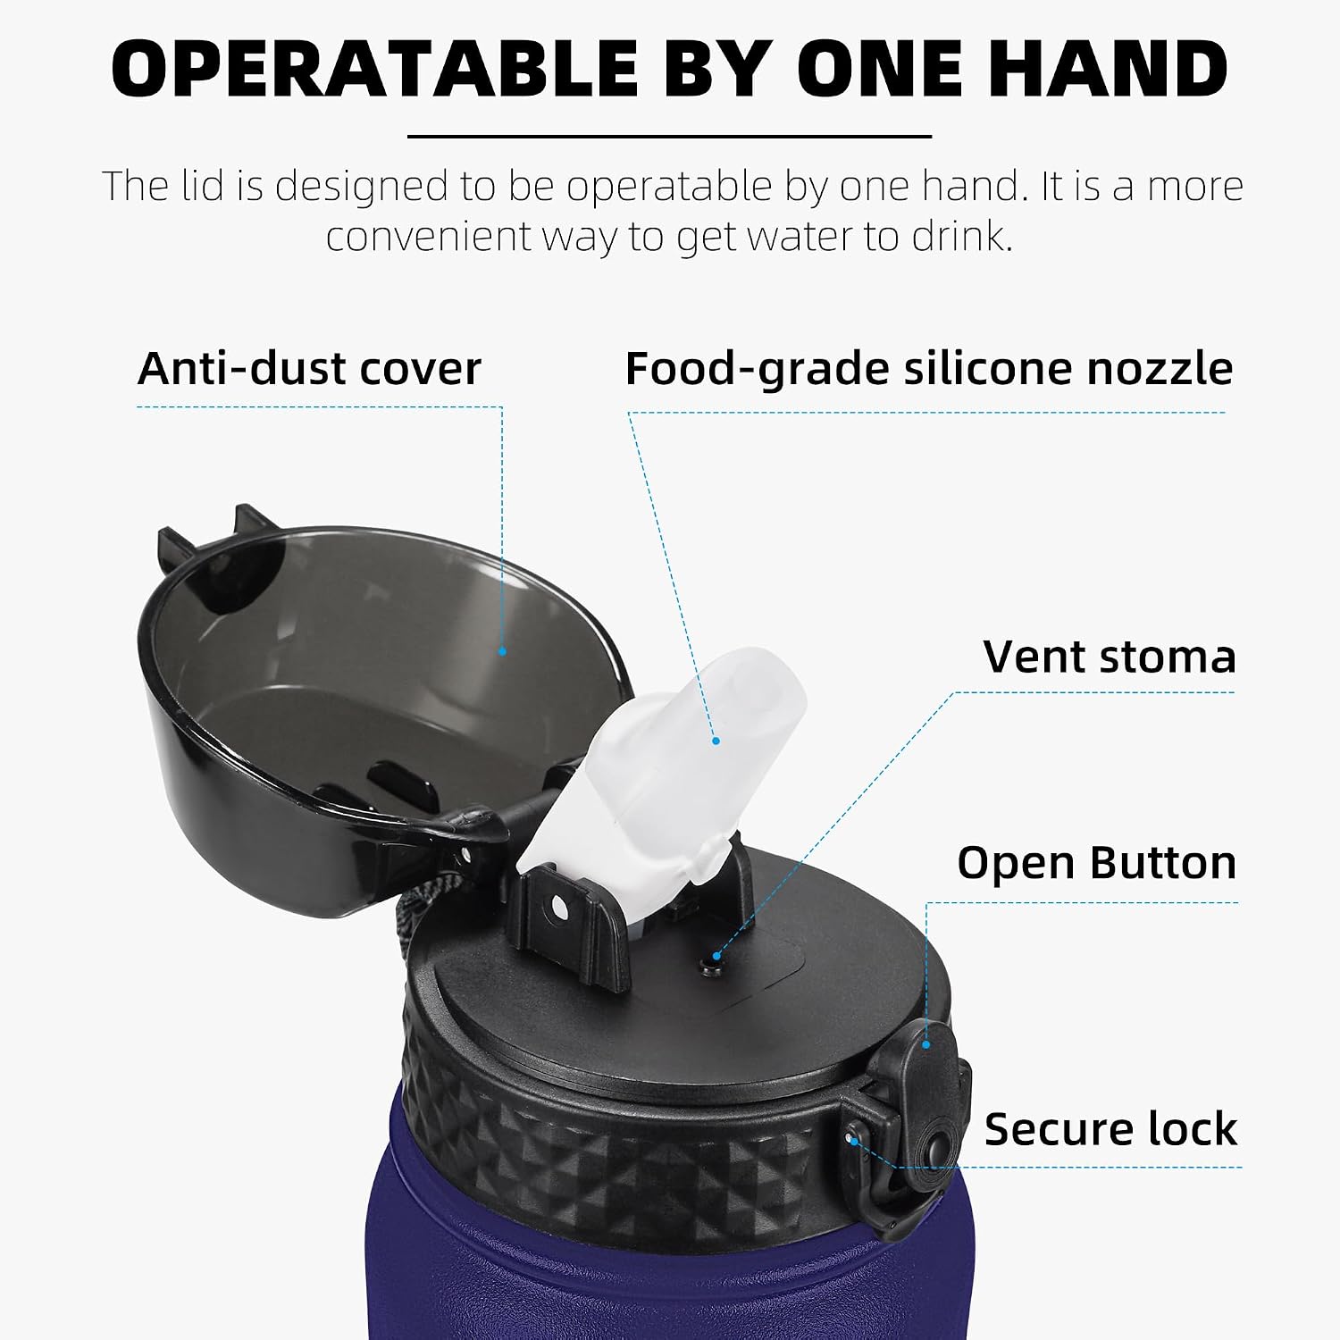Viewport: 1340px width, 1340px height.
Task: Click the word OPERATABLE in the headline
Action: click(374, 69)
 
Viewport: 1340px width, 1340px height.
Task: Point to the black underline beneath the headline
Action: click(669, 137)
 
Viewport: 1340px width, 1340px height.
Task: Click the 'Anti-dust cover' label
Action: click(309, 368)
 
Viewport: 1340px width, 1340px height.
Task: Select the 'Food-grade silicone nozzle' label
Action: click(929, 369)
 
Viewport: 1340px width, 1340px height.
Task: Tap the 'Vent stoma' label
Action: click(1110, 657)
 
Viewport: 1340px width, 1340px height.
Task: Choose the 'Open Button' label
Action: click(1097, 863)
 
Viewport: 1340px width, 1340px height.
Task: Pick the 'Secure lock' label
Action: click(1110, 1128)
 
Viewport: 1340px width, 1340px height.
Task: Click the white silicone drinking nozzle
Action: click(661, 768)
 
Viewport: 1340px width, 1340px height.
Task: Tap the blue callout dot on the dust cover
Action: click(502, 651)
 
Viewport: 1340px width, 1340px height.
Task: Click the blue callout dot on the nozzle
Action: click(716, 740)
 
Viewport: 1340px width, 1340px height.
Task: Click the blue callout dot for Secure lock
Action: click(855, 1142)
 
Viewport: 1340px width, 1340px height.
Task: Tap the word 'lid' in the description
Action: click(201, 186)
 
